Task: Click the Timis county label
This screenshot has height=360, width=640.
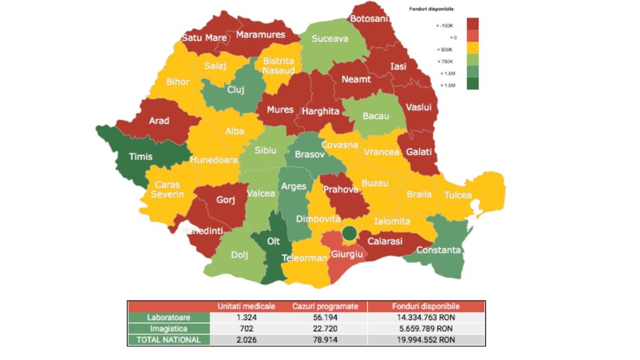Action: coord(140,157)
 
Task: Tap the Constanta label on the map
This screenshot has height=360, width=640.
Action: coord(438,250)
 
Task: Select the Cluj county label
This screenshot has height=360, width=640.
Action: coord(236,90)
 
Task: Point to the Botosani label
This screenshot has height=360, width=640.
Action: coord(369,19)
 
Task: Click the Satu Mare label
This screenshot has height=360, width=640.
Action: coord(204,38)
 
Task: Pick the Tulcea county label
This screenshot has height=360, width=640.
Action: coord(458,195)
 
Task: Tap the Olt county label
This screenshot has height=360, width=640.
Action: coord(273,241)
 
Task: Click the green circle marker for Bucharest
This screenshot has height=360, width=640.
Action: coord(349,233)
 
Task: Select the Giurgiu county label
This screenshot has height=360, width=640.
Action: coord(347,254)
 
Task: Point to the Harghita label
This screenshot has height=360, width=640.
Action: coord(321,111)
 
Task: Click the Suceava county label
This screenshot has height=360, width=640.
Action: coord(330,39)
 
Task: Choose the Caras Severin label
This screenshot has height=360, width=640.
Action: coord(167,189)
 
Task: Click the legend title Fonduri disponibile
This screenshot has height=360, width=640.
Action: coord(431,9)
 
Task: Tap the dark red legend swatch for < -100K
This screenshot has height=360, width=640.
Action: coord(473,24)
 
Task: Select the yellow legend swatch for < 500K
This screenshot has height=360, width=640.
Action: coord(473,49)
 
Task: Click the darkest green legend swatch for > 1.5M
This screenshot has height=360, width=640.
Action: coord(473,83)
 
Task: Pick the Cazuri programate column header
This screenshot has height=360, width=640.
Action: coord(329,307)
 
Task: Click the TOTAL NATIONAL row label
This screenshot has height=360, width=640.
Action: coord(169,340)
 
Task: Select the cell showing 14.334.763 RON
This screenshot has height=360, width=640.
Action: coord(426,318)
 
